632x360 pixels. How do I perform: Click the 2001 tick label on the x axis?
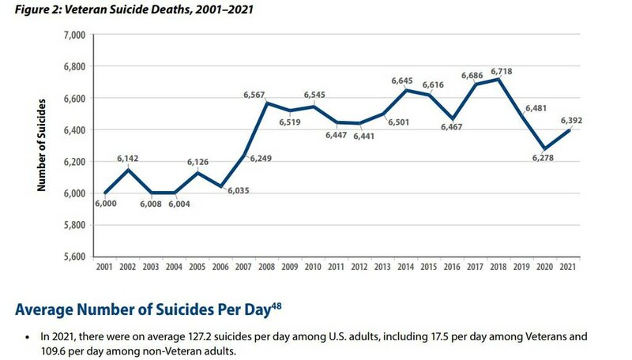105,269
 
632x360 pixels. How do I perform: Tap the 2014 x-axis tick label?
407,269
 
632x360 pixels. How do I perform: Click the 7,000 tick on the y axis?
73,35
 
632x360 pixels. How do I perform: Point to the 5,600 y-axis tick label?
73,257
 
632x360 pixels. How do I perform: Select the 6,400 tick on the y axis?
73,130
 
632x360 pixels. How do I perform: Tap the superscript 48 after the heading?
276,306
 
